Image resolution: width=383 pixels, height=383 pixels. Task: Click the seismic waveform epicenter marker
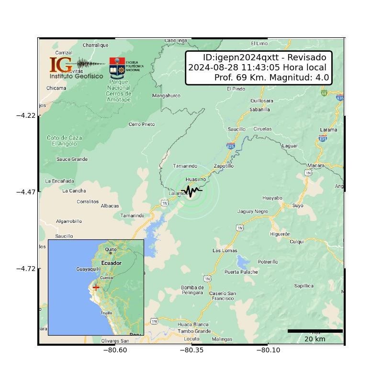pos(191,191)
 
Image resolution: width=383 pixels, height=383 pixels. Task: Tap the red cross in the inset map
pos(96,287)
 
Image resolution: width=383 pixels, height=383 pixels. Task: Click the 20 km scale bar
pos(315,331)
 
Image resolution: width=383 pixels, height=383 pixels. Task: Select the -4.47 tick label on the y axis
pos(26,191)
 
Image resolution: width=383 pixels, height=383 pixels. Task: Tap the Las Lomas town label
pos(225,250)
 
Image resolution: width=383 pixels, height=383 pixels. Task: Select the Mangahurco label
pos(166,96)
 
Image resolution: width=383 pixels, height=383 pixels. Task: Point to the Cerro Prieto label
pos(142,124)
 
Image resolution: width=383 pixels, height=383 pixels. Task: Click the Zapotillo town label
pos(224,166)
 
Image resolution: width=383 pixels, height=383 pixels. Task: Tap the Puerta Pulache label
pos(241,272)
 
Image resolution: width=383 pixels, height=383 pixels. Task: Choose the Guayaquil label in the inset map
pos(88,269)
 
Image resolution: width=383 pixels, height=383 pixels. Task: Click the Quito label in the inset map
pos(111,249)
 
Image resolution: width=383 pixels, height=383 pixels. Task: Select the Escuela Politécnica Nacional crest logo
pos(117,68)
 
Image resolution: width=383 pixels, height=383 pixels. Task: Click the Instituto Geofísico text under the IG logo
pos(76,76)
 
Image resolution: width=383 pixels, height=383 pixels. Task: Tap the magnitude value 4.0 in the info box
pos(322,78)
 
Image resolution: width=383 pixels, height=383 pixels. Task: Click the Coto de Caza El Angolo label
pos(64,140)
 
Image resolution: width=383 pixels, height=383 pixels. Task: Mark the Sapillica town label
pos(304,286)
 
